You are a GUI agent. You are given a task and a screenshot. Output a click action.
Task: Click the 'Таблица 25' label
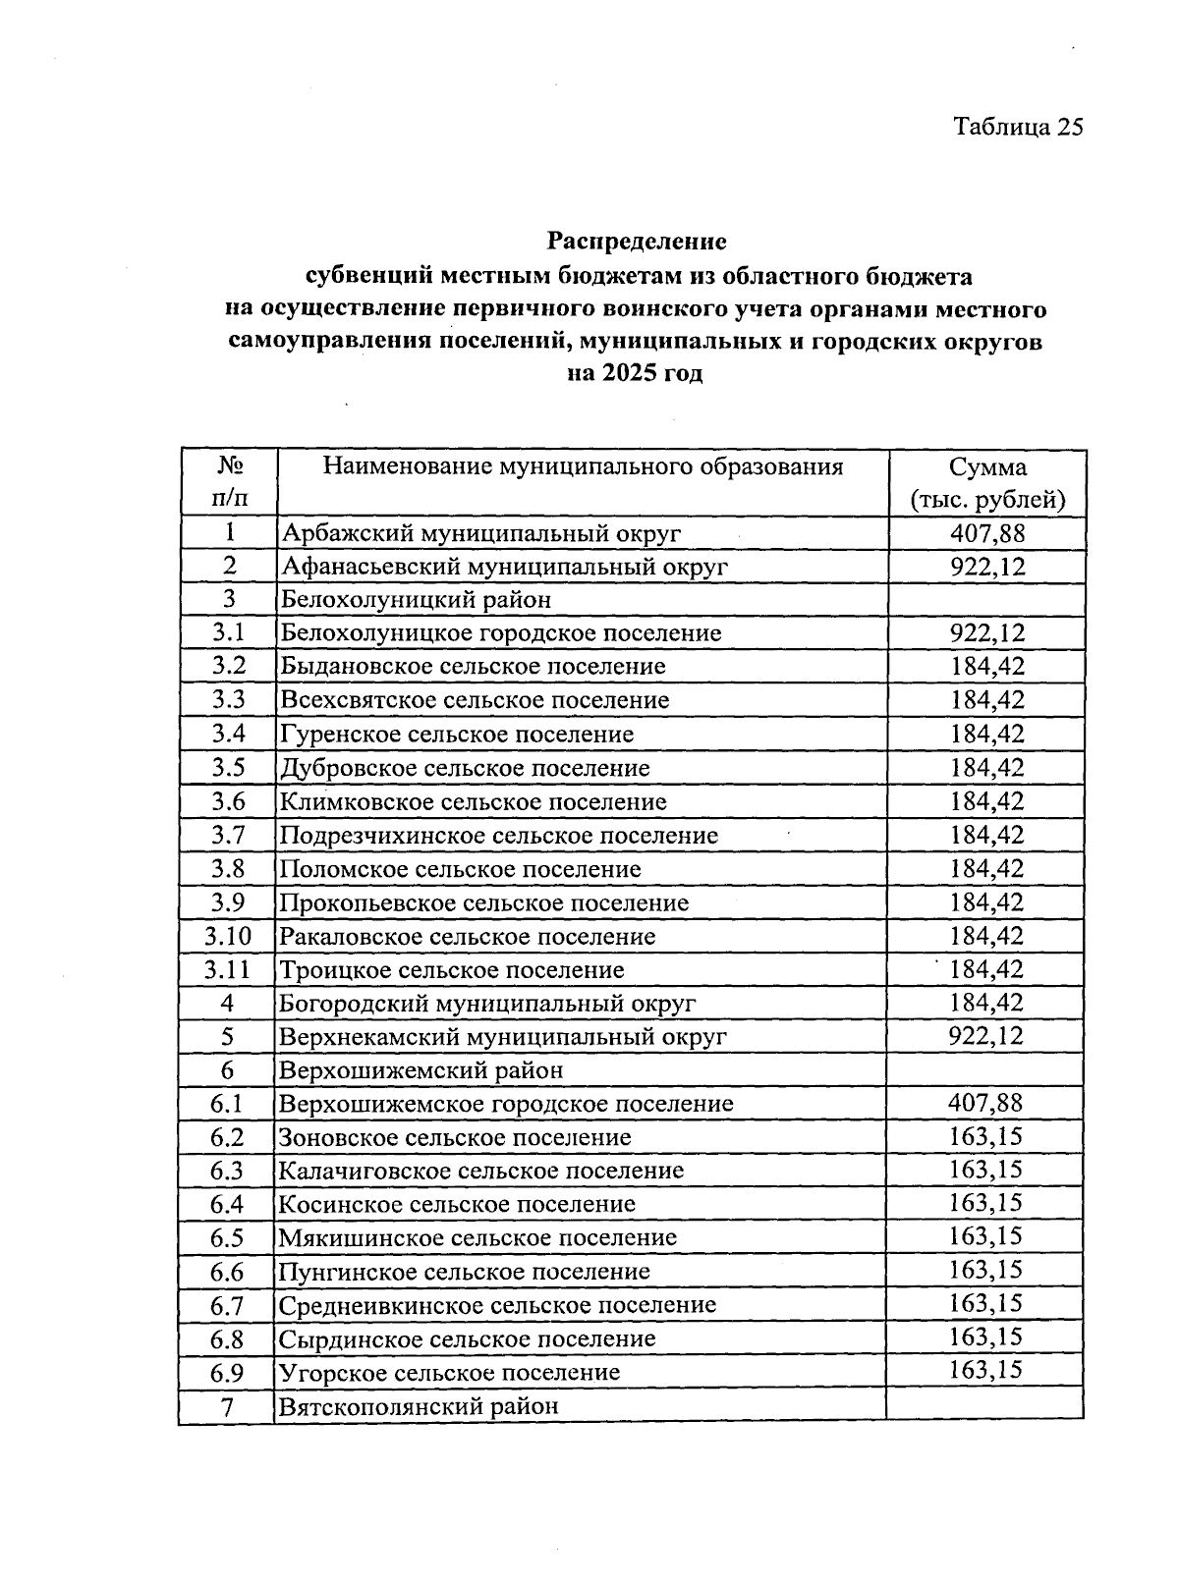coord(1018,127)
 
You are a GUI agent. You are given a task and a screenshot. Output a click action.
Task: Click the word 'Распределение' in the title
coord(637,241)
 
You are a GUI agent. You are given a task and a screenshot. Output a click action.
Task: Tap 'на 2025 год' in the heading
coord(636,374)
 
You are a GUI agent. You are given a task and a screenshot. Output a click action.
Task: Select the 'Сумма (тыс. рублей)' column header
coord(986,483)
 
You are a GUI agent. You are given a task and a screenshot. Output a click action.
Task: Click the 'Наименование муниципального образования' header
coord(583,466)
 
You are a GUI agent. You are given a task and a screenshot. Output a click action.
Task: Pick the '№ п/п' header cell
coord(229,482)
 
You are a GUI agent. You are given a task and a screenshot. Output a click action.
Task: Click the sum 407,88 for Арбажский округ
coord(986,533)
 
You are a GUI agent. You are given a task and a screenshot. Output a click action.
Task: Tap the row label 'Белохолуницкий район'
coord(416,600)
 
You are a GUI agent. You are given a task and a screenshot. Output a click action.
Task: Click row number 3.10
coord(228,936)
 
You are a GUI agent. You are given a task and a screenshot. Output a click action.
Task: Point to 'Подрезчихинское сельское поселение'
coord(499,836)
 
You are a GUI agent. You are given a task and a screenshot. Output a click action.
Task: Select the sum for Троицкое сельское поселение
coord(986,969)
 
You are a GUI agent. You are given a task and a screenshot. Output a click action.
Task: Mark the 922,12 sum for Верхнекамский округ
coord(986,1036)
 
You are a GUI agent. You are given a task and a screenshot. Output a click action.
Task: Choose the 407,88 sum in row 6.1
coord(985,1103)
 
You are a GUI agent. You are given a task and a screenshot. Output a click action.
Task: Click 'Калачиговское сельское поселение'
coord(481,1171)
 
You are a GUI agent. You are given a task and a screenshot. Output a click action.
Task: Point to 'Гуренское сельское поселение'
coord(457,735)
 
